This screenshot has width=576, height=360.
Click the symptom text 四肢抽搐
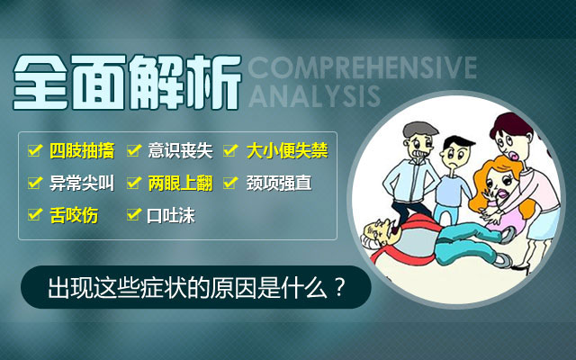click(x=82, y=150)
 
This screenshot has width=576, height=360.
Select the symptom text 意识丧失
click(x=180, y=150)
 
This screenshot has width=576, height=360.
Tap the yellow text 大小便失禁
click(x=287, y=150)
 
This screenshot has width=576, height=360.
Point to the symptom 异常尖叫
click(x=82, y=183)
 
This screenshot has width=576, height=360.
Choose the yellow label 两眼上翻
click(x=180, y=183)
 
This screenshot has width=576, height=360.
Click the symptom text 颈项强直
click(x=279, y=183)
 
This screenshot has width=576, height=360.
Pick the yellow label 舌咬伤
click(x=74, y=215)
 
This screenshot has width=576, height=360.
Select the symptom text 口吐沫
click(x=171, y=216)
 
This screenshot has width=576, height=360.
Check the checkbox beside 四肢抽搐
click(x=35, y=150)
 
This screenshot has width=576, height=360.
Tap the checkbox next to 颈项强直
click(x=230, y=182)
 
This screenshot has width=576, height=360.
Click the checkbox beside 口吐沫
click(x=134, y=214)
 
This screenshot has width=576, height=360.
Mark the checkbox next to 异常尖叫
click(x=35, y=182)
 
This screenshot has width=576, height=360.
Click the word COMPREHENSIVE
click(x=363, y=67)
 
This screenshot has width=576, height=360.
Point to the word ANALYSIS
click(x=314, y=96)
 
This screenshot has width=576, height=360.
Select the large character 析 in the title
click(x=213, y=82)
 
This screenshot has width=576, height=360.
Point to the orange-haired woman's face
click(x=498, y=184)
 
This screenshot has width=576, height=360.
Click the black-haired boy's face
click(x=454, y=155)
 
